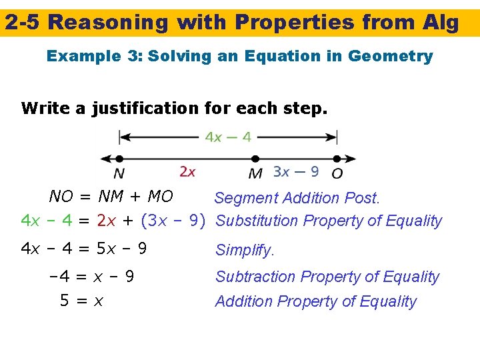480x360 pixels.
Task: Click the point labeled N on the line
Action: [x=119, y=159]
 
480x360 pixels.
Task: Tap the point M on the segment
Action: [x=255, y=159]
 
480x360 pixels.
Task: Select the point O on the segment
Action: [x=337, y=159]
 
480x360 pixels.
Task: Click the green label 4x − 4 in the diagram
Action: [x=228, y=137]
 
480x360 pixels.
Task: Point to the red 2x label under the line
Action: [x=188, y=172]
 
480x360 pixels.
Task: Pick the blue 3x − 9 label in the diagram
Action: [x=295, y=172]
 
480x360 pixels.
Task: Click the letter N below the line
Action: [x=119, y=173]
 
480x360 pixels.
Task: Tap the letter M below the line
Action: [x=255, y=173]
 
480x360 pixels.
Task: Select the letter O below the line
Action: [x=337, y=173]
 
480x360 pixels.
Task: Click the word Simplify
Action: [x=244, y=251]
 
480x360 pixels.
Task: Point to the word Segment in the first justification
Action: [x=245, y=198]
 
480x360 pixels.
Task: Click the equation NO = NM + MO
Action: [x=111, y=197]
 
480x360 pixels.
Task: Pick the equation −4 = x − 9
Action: [x=91, y=276]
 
